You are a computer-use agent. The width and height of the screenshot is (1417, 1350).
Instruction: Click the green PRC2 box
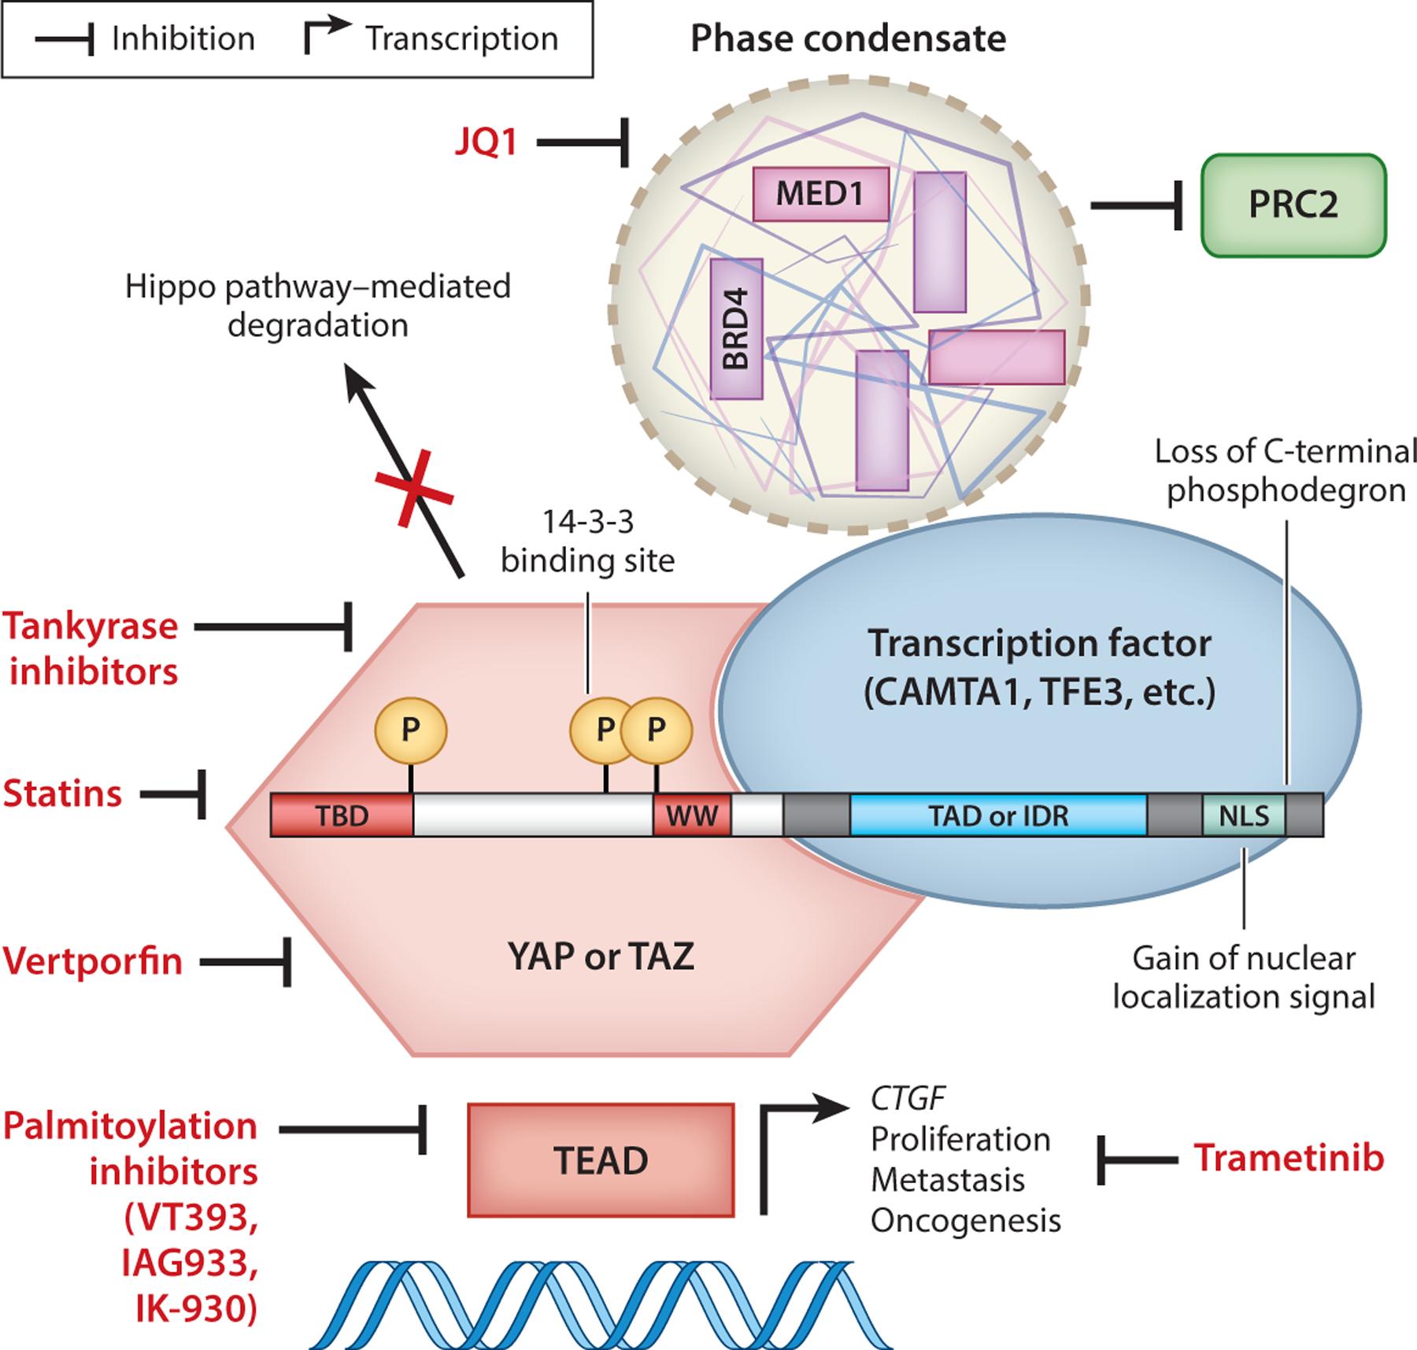pos(1293,205)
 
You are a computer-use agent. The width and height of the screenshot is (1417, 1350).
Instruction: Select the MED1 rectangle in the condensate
pos(820,194)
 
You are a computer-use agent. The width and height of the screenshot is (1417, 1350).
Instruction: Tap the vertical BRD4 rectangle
pos(736,329)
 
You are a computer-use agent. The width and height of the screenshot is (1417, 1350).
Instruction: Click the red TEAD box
pos(601,1160)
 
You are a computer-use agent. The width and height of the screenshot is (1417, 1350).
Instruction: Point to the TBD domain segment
pos(342,816)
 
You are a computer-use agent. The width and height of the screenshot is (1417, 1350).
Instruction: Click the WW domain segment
pos(692,816)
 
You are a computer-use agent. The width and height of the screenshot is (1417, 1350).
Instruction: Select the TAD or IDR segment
pos(997,816)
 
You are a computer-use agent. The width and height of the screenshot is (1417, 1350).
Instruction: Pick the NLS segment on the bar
pos(1244,816)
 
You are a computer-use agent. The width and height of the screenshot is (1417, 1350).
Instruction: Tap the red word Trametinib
pos(1289,1158)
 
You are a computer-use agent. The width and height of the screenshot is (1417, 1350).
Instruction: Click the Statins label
pos(63,793)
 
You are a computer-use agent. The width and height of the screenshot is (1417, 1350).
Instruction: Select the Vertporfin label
pos(93,961)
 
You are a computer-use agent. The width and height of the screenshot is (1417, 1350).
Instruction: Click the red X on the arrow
pos(414,487)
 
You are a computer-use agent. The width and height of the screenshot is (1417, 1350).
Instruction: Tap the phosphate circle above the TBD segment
pos(410,730)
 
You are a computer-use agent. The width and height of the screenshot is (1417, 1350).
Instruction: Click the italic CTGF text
pos(908,1097)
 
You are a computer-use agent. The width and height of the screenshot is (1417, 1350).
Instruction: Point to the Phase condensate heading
pos(848,39)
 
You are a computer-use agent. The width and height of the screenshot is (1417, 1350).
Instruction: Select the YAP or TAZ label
pos(601,957)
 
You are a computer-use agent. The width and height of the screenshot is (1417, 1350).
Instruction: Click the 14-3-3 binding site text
pos(588,542)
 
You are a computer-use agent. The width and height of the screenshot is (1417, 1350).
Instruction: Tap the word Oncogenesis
pos(965,1221)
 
